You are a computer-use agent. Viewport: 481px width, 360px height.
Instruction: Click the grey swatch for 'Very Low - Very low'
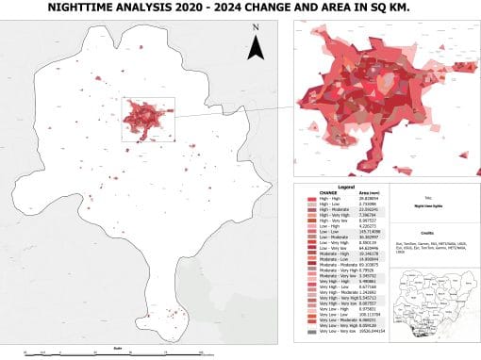pyautogui.click(x=298, y=332)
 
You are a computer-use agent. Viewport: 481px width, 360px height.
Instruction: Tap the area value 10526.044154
pyautogui.click(x=354, y=332)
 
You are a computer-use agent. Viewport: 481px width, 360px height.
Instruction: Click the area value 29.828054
pyautogui.click(x=349, y=199)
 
